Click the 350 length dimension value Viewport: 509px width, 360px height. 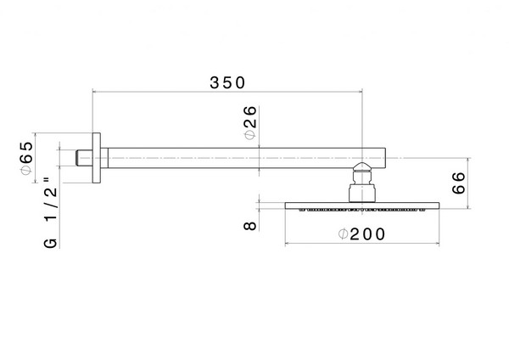pos(227,83)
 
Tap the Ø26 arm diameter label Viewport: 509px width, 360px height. pos(250,123)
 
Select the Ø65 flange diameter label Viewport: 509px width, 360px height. pos(26,158)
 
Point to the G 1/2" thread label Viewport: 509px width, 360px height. pos(50,212)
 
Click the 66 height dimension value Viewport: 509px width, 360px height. pos(459,183)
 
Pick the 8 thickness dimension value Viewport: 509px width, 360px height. pos(250,226)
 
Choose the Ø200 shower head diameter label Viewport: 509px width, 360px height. pos(361,234)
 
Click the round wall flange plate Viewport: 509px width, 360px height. pos(97,158)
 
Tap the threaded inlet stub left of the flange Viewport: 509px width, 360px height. pos(84,158)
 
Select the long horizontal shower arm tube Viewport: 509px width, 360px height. pos(247,158)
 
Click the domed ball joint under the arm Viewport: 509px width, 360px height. pos(362,167)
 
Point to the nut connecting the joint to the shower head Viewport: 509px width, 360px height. pos(362,193)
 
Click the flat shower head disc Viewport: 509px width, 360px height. pos(362,205)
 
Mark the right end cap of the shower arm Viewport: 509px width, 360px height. pos(385,158)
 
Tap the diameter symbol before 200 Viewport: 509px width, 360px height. pos(343,234)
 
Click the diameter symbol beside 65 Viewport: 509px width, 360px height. pos(26,171)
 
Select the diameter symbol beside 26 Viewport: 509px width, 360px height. pos(250,135)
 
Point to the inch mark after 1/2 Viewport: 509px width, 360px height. pos(47,179)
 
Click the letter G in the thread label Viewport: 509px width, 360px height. pos(50,244)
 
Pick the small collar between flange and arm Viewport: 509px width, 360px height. pos(103,158)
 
